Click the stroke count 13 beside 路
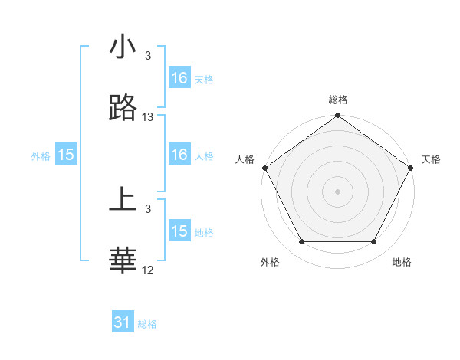[x=148, y=117]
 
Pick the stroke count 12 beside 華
[x=148, y=270]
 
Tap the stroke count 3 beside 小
[x=148, y=55]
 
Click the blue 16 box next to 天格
[x=179, y=78]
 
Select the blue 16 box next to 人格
[x=179, y=155]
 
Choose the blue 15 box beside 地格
[x=179, y=231]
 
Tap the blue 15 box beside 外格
[x=66, y=155]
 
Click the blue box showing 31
[x=123, y=322]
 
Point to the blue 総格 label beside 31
[x=147, y=324]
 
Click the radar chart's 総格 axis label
[x=338, y=100]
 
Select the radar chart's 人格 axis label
[x=245, y=159]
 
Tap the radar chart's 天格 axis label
[x=431, y=159]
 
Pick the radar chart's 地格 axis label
[x=402, y=262]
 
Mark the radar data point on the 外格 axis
[x=301, y=242]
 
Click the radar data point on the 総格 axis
[x=338, y=116]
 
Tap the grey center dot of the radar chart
[x=338, y=191]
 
